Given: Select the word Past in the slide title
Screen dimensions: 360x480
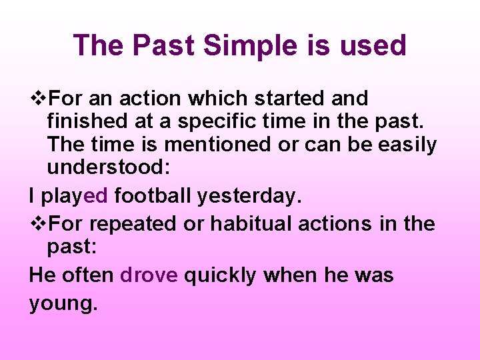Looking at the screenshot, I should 162,46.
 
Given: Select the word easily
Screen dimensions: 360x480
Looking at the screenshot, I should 407,145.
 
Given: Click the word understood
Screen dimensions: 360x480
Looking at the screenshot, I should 109,168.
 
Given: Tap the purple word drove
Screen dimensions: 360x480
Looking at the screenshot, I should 149,275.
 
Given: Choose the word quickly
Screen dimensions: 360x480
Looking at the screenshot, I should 219,275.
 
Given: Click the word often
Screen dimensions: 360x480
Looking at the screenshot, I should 89,275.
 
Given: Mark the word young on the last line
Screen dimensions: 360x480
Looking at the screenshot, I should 63,304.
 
